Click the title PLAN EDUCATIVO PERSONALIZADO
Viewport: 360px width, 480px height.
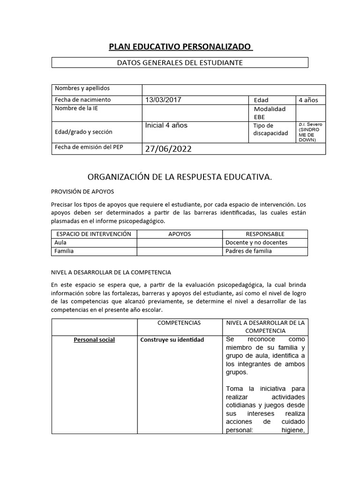(x=180, y=47)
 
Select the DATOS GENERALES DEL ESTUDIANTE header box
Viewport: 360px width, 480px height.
(x=180, y=62)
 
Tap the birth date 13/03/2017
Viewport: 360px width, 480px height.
(x=163, y=100)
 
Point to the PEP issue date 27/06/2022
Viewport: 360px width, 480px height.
(x=168, y=149)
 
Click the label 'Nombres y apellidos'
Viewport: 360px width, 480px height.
(x=82, y=89)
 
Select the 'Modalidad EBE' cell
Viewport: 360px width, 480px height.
(x=270, y=112)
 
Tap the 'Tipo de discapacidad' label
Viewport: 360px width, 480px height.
(x=270, y=129)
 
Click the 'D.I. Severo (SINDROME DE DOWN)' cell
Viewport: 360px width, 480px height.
(x=310, y=132)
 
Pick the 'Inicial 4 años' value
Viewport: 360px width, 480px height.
(x=166, y=126)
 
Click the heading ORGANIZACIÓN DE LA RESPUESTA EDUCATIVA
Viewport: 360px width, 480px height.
(x=180, y=177)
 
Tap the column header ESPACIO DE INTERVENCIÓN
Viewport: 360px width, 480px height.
(x=94, y=234)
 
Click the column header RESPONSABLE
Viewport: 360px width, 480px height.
(x=265, y=234)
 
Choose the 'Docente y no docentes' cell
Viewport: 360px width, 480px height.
(x=256, y=242)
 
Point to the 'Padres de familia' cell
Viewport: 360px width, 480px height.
(x=248, y=251)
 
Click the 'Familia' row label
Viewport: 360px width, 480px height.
(x=64, y=251)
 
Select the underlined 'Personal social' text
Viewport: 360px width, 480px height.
(x=94, y=340)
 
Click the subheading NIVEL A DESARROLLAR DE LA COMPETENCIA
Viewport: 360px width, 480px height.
(x=111, y=272)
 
